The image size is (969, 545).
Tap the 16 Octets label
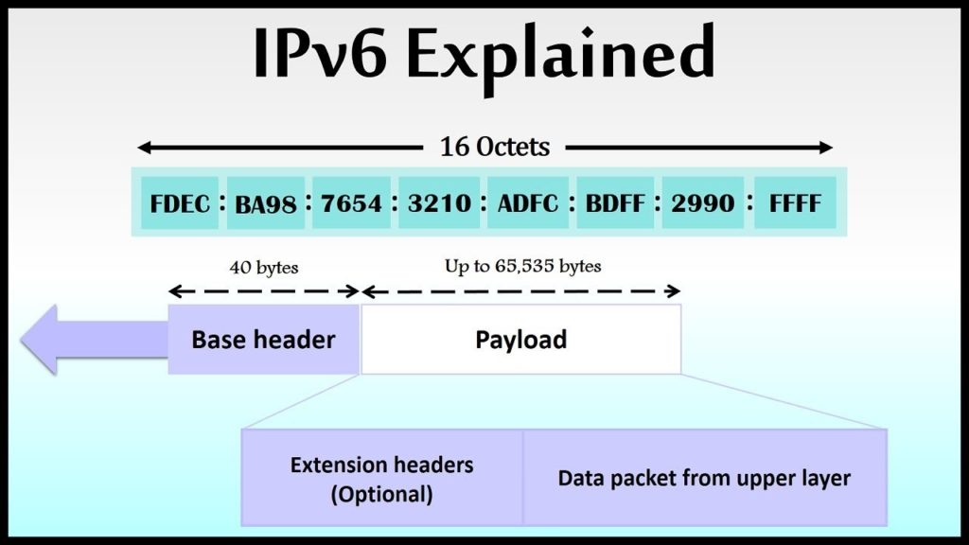(494, 147)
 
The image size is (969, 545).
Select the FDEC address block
(180, 202)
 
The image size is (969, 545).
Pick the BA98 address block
(266, 202)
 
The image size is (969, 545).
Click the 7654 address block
(352, 202)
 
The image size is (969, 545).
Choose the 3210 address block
(439, 202)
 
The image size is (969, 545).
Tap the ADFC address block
(528, 202)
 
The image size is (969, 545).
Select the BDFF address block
(615, 202)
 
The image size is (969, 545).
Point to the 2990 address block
(703, 202)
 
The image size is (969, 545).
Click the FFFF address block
(795, 202)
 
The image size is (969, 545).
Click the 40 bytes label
(264, 268)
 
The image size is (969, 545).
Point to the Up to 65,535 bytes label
(522, 266)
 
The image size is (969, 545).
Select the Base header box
(264, 340)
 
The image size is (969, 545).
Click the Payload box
(521, 340)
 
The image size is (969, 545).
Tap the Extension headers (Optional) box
(382, 478)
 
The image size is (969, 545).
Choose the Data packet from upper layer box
(705, 478)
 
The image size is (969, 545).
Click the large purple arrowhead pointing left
(39, 340)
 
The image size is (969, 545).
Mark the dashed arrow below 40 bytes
(264, 291)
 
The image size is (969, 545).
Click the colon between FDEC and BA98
(222, 202)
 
